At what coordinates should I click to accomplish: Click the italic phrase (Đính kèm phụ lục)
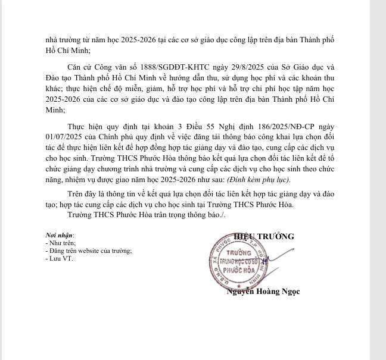pos(261,179)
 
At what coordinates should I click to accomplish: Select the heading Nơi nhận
pos(60,236)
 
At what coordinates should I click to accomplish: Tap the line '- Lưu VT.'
pos(58,258)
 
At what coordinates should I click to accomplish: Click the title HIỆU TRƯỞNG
pos(264,236)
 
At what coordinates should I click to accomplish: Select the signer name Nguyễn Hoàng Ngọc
pos(263,292)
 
